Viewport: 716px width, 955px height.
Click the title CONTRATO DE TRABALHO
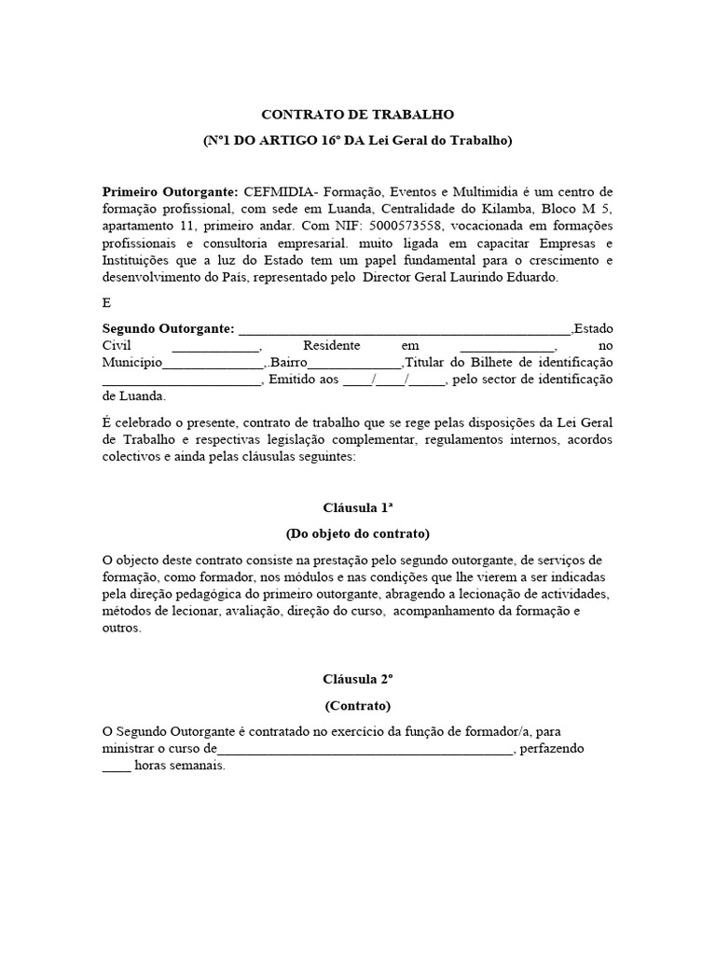[357, 115]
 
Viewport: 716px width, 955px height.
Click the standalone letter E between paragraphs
[106, 303]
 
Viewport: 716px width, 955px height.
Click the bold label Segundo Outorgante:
[168, 328]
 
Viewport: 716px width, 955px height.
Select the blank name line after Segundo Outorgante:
[405, 329]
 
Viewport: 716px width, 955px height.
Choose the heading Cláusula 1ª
[357, 507]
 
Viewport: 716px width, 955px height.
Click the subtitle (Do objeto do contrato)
[357, 533]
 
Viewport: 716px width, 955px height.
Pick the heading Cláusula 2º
[357, 679]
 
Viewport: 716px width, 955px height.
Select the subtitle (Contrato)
[357, 705]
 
